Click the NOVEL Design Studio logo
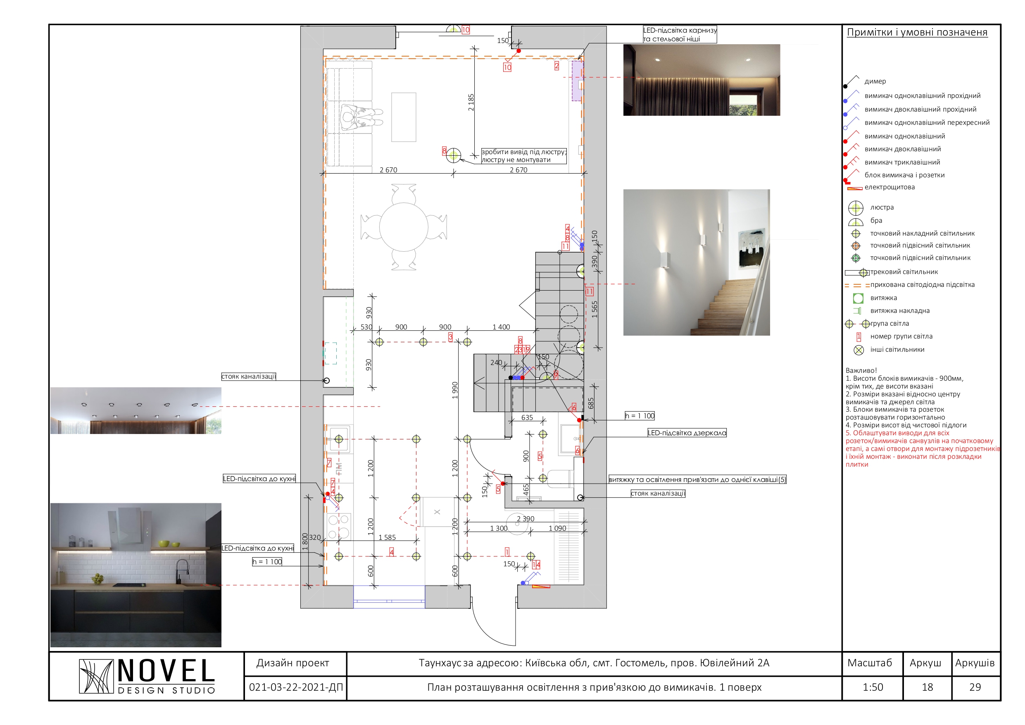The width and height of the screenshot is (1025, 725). coord(147,676)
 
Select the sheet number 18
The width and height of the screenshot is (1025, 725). coord(927,687)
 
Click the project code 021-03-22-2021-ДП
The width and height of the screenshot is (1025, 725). coord(295,687)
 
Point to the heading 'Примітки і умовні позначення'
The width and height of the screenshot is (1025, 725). coord(917,32)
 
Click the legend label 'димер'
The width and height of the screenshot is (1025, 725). coord(875,81)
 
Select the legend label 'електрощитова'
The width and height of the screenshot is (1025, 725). coord(889,187)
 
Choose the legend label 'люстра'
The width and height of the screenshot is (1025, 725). coord(882,207)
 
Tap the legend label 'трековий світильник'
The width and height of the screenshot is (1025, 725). coord(904,272)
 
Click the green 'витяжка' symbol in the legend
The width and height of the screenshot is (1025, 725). coord(858,298)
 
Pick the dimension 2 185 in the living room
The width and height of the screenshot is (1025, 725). coord(471,102)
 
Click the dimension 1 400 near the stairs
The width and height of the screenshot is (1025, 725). coord(501,327)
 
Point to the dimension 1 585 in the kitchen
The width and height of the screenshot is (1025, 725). coord(387,537)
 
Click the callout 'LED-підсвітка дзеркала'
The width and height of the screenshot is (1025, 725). coord(687,433)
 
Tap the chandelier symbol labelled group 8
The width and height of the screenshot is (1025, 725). coord(454,155)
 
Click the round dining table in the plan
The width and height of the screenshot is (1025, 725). coord(404,227)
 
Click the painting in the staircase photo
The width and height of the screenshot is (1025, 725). coord(752,248)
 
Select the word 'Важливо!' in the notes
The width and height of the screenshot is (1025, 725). coord(861,370)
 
